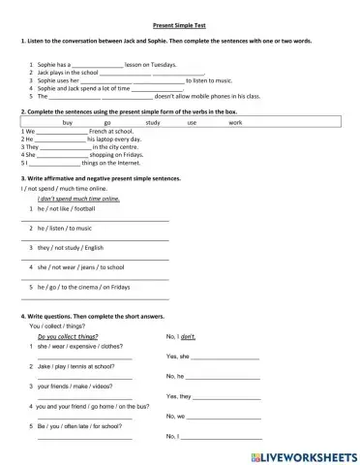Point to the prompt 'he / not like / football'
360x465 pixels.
coord(67,208)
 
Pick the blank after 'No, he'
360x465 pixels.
coord(225,376)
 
